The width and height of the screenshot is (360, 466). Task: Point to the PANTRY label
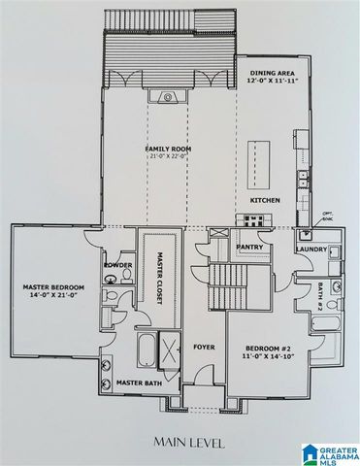coord(251,249)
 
